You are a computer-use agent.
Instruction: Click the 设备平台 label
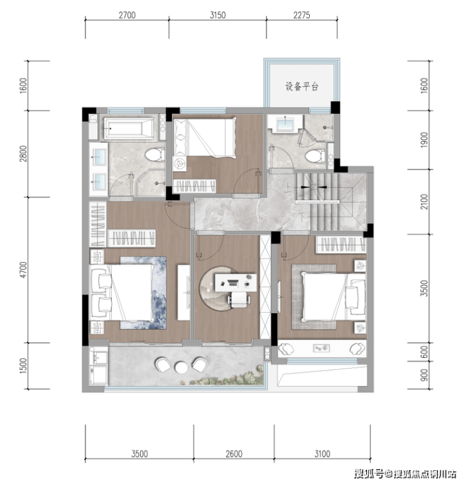[x=302, y=87]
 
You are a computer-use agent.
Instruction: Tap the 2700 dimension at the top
[x=127, y=15]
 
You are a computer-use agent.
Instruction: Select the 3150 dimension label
[x=217, y=15]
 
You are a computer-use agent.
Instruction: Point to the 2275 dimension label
[x=302, y=15]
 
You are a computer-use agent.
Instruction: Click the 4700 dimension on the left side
[x=23, y=270]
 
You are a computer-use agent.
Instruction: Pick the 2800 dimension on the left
[x=23, y=154]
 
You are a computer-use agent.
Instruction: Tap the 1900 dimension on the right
[x=424, y=140]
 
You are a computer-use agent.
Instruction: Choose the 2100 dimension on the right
[x=424, y=202]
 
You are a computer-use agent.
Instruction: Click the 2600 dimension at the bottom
[x=234, y=454]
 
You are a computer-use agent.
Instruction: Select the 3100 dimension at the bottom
[x=322, y=454]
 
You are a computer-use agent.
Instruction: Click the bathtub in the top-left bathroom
[x=129, y=127]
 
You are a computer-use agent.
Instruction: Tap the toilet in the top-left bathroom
[x=155, y=154]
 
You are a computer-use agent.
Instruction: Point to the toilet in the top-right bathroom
[x=315, y=156]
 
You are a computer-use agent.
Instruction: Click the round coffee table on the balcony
[x=181, y=367]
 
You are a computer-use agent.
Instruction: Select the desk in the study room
[x=236, y=282]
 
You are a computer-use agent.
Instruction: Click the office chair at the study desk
[x=239, y=299]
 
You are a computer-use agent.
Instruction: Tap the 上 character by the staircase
[x=288, y=188]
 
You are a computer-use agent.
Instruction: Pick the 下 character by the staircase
[x=302, y=217]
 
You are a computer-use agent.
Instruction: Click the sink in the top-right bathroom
[x=285, y=124]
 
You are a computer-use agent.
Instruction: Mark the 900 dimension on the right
[x=424, y=375]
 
